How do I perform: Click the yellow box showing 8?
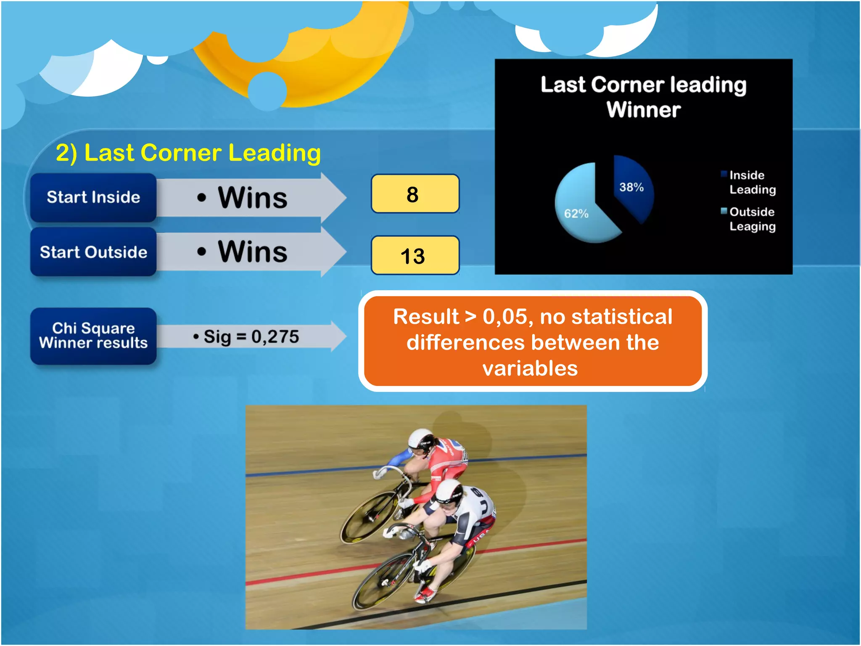tap(415, 194)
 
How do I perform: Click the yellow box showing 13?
tap(415, 255)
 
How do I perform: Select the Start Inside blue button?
tap(93, 197)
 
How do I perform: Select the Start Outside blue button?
tap(93, 252)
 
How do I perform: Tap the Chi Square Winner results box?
tap(93, 336)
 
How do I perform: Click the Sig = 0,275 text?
tap(246, 336)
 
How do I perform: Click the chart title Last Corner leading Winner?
tap(643, 97)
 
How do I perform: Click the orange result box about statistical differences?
tap(532, 342)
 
